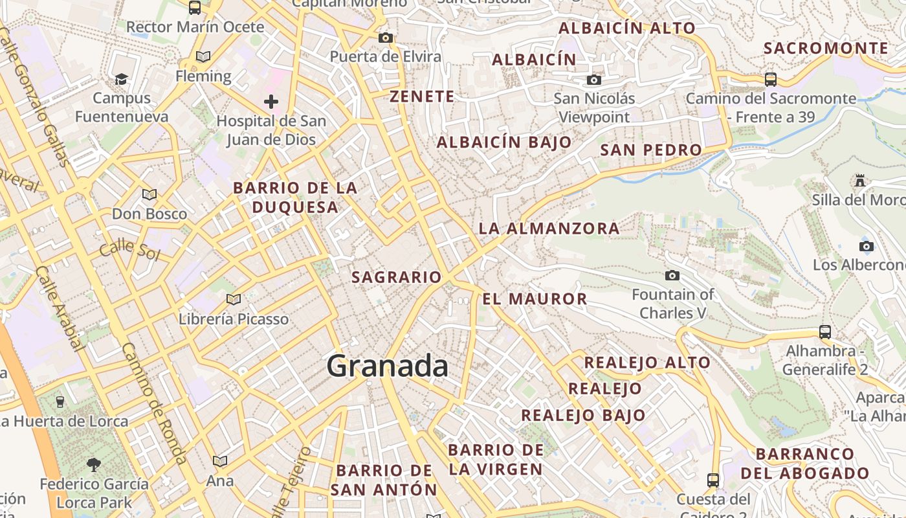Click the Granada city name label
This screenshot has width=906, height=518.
click(x=387, y=366)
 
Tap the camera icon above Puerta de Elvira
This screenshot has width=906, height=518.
click(x=386, y=38)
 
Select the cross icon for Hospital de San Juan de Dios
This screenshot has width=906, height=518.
click(x=271, y=102)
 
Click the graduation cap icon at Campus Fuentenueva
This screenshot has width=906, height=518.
click(x=121, y=79)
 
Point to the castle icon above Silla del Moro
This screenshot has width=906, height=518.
click(x=860, y=181)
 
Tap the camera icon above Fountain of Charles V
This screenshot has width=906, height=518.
click(x=672, y=276)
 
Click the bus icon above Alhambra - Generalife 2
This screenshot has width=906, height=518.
click(x=825, y=332)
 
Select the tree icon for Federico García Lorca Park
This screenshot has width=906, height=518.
click(x=94, y=464)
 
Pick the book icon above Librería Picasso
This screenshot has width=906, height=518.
click(x=234, y=299)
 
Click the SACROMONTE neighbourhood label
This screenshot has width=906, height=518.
click(x=826, y=49)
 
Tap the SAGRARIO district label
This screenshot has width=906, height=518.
click(x=396, y=278)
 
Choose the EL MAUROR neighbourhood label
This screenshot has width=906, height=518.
click(x=535, y=299)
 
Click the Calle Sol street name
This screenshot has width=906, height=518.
click(x=129, y=249)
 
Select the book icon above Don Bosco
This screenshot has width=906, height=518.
click(x=149, y=194)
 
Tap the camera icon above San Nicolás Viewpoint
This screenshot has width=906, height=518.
click(x=593, y=80)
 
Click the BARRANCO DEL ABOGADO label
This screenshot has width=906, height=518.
click(x=804, y=464)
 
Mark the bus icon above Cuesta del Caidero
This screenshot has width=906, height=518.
click(x=713, y=480)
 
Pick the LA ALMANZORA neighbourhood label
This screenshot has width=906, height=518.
click(x=549, y=229)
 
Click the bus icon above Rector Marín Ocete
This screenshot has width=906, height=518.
click(x=195, y=8)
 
